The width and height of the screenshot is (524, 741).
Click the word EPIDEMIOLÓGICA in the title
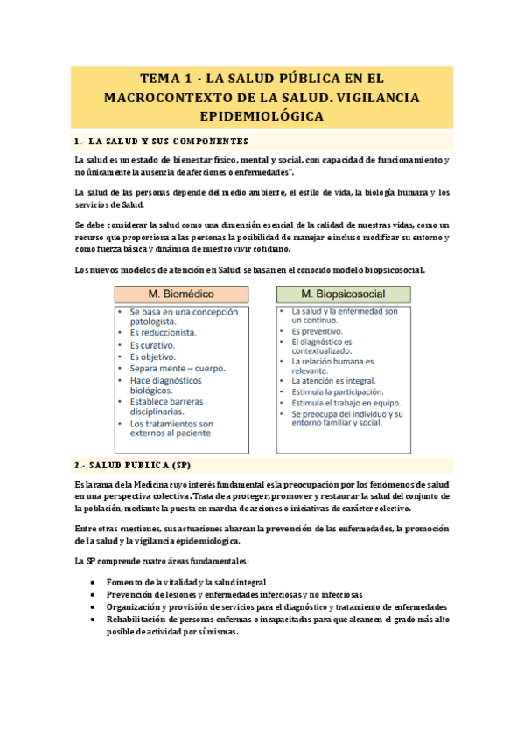click(262, 114)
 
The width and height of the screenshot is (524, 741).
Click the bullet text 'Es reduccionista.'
click(164, 332)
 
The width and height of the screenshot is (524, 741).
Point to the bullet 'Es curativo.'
click(152, 345)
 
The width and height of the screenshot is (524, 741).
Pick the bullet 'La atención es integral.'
click(333, 381)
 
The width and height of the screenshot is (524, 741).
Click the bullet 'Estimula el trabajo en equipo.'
click(345, 405)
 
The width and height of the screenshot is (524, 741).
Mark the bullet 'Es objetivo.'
click(152, 357)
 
